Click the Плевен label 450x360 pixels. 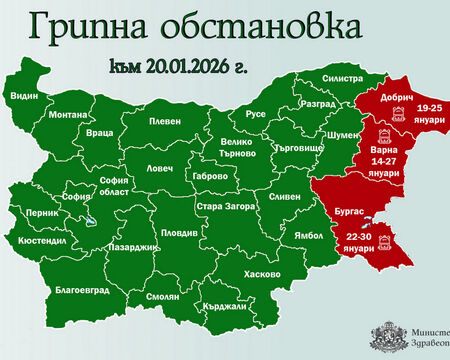[165, 121]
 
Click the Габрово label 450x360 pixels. [206, 177]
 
